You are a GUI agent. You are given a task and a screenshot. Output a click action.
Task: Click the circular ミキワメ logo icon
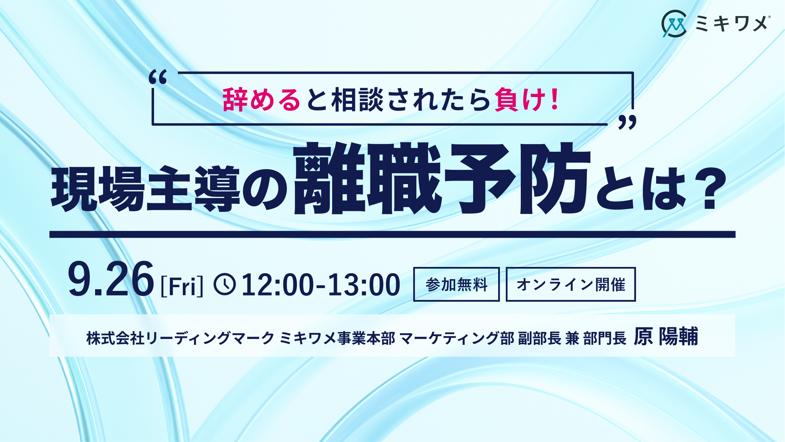(674, 24)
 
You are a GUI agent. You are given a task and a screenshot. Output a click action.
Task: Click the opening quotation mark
(158, 77)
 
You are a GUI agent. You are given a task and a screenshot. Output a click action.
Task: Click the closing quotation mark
(627, 122)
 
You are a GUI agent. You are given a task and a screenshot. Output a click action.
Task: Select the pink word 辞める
(261, 100)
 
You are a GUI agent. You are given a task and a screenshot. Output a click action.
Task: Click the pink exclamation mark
(555, 99)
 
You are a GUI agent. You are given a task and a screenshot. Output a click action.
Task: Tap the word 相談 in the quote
(357, 100)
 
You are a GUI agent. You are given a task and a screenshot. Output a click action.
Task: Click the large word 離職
(367, 178)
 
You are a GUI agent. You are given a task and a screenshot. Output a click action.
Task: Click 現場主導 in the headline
(146, 189)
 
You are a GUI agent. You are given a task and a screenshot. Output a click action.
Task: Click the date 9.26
(111, 279)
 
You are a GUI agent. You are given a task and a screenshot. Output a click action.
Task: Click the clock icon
(225, 284)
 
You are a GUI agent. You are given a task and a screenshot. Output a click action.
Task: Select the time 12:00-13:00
(321, 285)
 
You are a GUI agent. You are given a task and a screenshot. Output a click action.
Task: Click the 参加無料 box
(456, 284)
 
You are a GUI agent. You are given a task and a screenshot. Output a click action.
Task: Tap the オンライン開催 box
(571, 284)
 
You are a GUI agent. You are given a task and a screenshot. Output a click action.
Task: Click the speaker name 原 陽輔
(666, 336)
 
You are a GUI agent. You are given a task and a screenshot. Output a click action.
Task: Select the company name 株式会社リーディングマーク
(180, 338)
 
